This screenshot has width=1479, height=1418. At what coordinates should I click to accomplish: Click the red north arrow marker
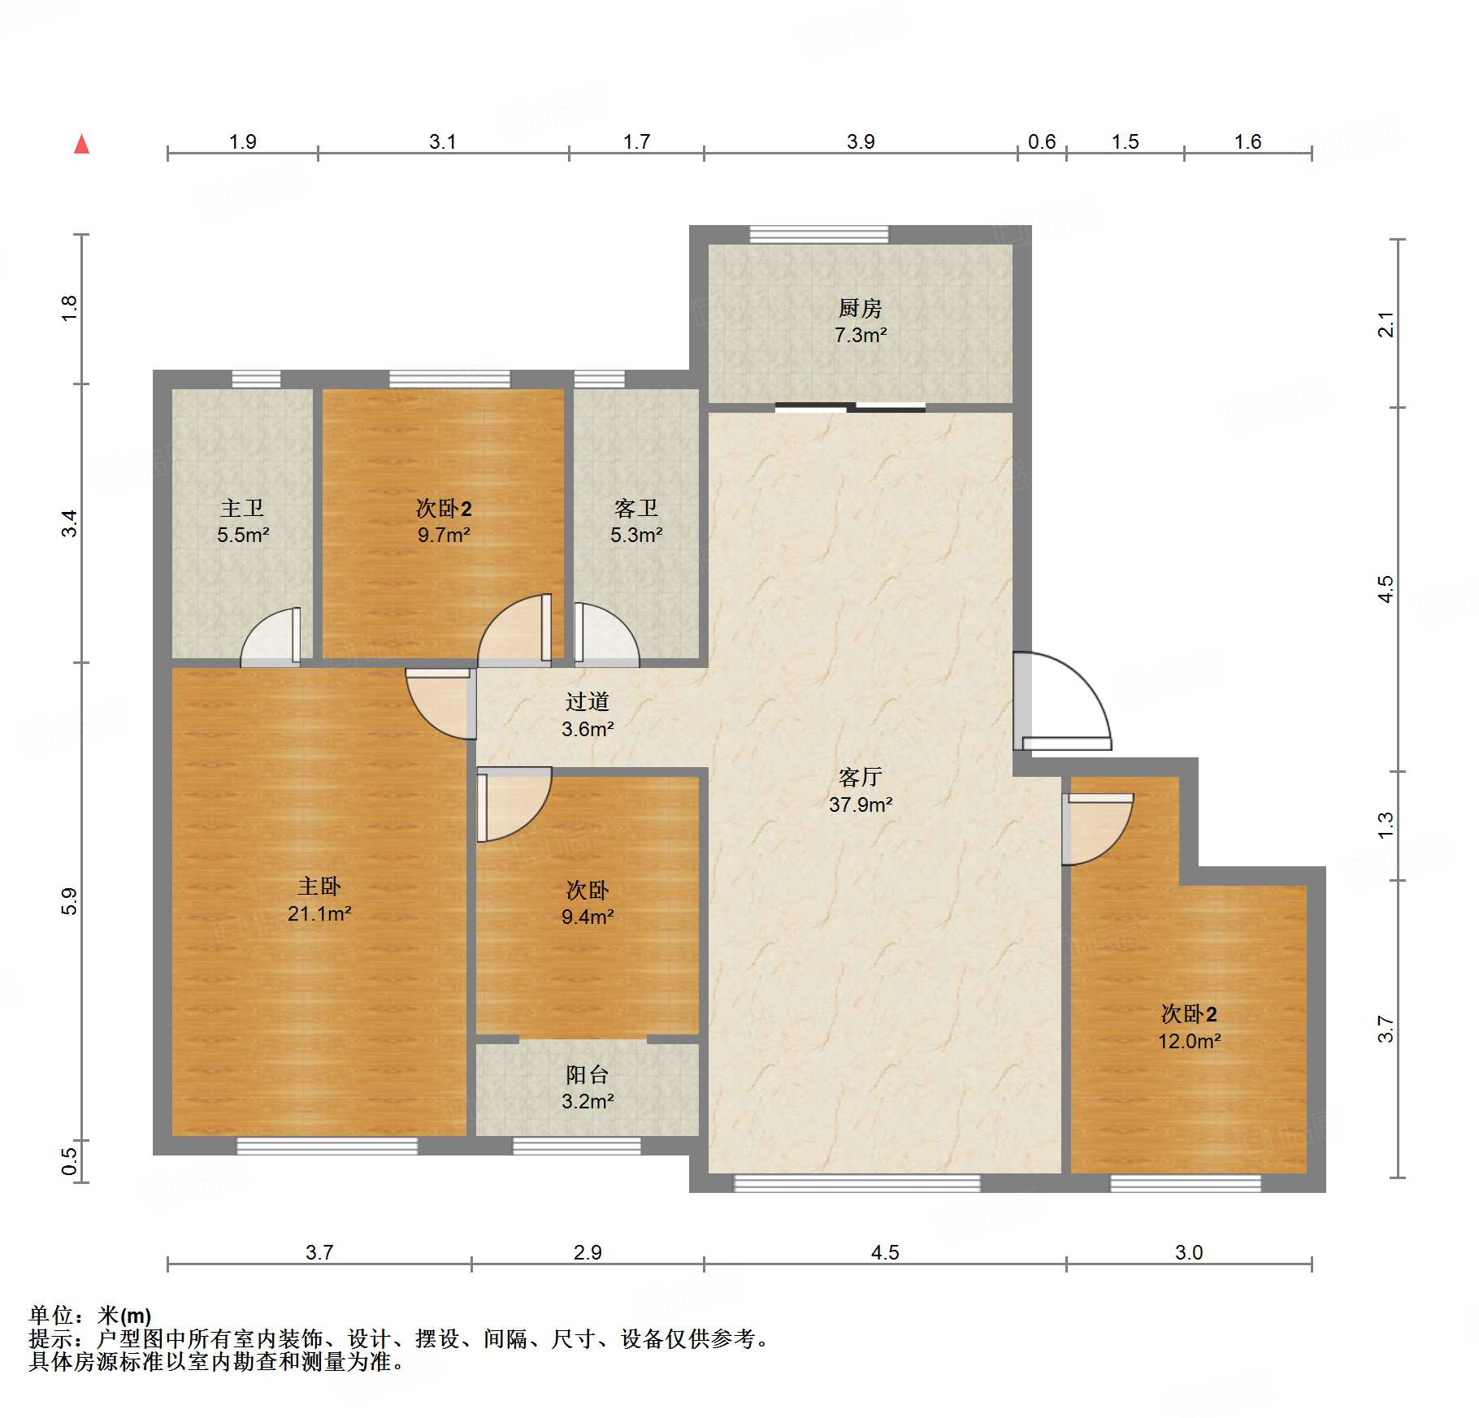pos(81,144)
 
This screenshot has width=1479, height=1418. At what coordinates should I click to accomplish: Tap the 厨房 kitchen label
pos(860,308)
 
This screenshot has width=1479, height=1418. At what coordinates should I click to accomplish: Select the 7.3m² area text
pos(861,335)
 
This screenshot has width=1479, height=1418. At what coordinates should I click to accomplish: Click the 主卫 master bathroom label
pos(242,508)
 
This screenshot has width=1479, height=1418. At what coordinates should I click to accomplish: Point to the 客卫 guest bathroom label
pos(635,508)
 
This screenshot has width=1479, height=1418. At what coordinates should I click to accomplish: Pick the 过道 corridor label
pos(587,701)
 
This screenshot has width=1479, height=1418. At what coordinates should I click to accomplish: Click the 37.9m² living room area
pos(861,804)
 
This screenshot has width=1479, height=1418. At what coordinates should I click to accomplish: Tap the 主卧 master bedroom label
pos(319,886)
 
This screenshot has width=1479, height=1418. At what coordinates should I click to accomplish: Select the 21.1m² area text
pos(319,913)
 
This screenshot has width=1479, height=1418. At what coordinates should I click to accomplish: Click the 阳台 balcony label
pos(587,1074)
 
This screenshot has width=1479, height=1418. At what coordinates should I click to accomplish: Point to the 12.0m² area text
pos(1190,1041)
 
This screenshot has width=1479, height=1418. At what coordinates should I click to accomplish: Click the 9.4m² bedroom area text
pos(588,917)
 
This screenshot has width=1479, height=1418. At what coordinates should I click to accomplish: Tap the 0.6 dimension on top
pos(1042,141)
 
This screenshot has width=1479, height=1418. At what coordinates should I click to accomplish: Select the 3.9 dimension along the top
pos(861,141)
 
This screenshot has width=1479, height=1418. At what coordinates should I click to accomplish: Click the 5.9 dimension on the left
pos(69,901)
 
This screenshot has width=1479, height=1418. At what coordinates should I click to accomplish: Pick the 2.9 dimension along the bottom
pos(588,1252)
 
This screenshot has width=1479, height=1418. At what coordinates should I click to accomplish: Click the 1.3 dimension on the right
pos(1386,826)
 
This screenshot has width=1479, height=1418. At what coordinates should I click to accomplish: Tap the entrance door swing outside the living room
pos(1062,700)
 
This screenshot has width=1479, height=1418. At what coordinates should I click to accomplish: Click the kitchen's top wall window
pos(819,235)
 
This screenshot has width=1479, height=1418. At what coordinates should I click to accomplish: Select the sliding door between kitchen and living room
pos(850,407)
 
